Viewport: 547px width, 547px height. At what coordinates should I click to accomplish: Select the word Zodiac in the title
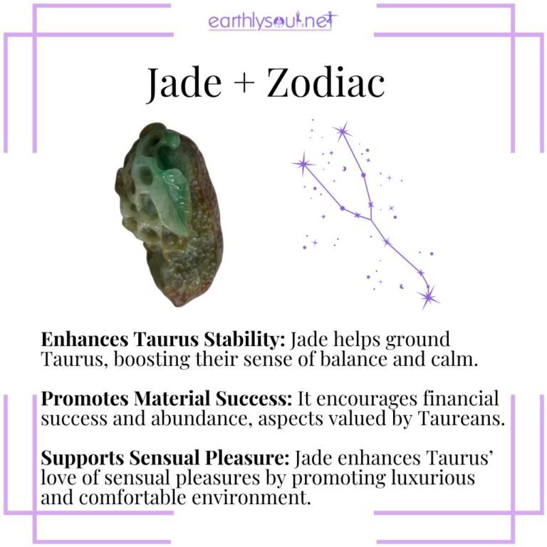326,84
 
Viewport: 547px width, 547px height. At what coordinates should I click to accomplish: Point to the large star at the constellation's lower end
428,295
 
